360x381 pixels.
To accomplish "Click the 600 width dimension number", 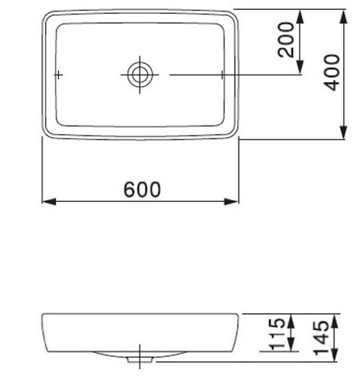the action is pyautogui.click(x=142, y=190).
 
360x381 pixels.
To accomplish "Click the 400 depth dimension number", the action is pyautogui.click(x=331, y=72).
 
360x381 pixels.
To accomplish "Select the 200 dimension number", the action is pyautogui.click(x=285, y=40).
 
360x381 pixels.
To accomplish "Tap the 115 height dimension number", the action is pyautogui.click(x=277, y=334).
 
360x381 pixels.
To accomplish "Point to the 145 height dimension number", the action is pyautogui.click(x=321, y=338).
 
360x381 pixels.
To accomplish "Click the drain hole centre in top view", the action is pyautogui.click(x=140, y=75).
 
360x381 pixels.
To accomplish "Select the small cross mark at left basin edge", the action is pyautogui.click(x=59, y=75).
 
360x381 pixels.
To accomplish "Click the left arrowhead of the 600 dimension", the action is pyautogui.click(x=49, y=202).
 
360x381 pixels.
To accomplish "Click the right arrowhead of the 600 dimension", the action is pyautogui.click(x=231, y=202).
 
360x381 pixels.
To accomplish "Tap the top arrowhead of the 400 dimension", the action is pyautogui.click(x=344, y=17).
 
